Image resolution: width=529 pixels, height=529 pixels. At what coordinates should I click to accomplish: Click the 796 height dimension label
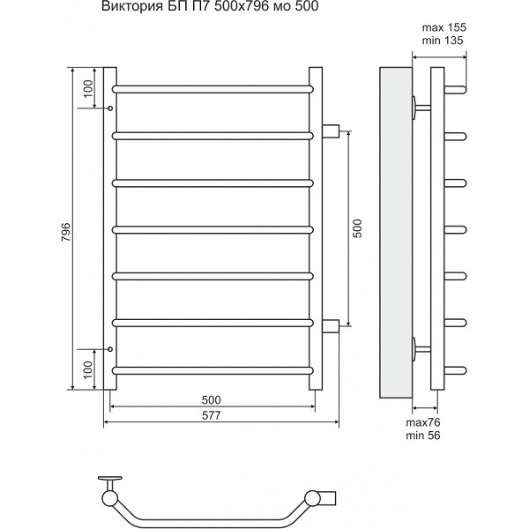[66, 231]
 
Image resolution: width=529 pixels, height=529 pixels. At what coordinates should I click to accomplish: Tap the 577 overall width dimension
[212, 415]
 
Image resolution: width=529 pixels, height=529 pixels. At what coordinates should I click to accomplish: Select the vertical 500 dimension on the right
[357, 228]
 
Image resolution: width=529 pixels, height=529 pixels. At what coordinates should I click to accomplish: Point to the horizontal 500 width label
[212, 399]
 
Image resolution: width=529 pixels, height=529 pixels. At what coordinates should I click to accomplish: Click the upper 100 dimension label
[87, 88]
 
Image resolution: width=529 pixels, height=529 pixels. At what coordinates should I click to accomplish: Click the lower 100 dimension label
[87, 369]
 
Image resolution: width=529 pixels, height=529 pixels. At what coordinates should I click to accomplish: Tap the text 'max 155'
[444, 27]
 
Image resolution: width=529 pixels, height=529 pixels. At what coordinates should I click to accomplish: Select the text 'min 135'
[443, 41]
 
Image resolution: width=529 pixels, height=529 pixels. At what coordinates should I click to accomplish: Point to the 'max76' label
[423, 422]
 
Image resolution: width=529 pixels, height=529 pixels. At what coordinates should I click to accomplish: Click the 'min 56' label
[423, 436]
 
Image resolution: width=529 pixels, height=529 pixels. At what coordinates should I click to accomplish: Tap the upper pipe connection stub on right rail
[331, 131]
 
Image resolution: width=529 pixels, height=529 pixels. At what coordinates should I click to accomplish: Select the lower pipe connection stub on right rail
[331, 326]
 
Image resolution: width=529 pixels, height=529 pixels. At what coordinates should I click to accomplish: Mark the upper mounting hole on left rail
[110, 108]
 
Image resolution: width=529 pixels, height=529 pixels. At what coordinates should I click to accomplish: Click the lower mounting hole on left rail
[110, 349]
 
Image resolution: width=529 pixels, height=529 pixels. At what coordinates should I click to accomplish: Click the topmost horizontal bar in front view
[212, 89]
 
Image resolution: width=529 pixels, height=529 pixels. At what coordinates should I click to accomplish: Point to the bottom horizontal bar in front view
[212, 371]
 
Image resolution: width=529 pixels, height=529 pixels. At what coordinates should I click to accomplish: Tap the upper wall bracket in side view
[421, 108]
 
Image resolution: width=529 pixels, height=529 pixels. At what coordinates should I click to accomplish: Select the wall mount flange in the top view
[109, 478]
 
